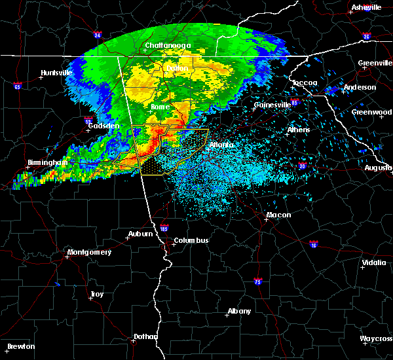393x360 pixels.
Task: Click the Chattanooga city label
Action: click(168, 45)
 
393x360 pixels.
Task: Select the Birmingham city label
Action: click(47, 162)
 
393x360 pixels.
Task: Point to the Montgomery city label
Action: click(89, 252)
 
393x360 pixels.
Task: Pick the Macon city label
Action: click(278, 215)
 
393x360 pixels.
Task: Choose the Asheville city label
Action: click(366, 7)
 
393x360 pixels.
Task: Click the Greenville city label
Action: click(375, 63)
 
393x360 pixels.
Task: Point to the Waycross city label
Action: click(376, 338)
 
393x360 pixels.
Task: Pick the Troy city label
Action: click(96, 295)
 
